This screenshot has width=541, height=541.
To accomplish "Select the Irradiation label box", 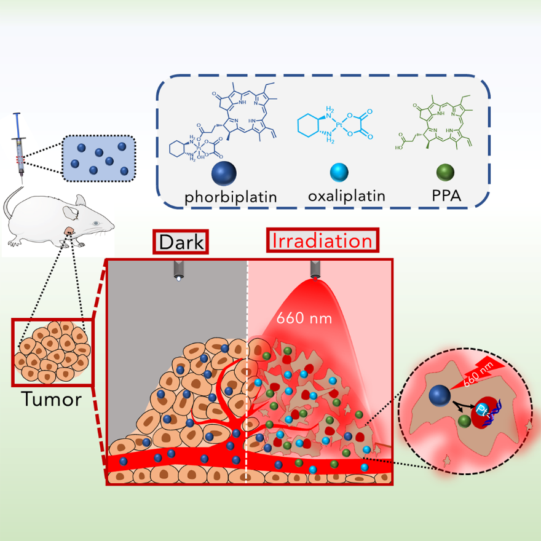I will click(x=322, y=241).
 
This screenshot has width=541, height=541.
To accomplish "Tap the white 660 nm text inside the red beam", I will click(x=304, y=318).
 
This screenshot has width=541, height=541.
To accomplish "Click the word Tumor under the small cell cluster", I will click(x=52, y=400).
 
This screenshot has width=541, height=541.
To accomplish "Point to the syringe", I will click(x=20, y=148).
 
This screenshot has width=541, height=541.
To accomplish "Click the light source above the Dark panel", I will click(x=178, y=270).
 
